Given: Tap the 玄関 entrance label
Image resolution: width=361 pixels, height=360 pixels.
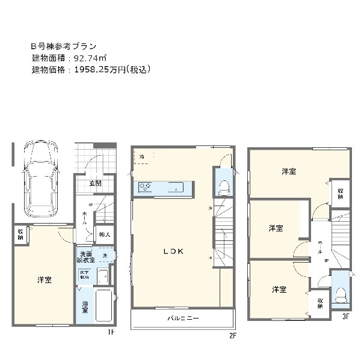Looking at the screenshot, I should [x=96, y=183].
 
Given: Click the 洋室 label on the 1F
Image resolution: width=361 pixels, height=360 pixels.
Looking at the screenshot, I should [x=44, y=280].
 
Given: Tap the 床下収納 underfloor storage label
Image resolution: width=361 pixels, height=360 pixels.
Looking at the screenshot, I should [x=85, y=276].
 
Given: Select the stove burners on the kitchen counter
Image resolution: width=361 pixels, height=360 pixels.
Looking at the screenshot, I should [x=146, y=188].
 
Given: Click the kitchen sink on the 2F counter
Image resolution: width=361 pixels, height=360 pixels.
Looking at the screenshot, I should [x=177, y=188].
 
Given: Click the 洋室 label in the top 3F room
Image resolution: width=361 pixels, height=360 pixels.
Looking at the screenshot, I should [x=289, y=172].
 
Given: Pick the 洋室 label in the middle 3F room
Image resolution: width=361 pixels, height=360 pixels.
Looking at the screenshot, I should [x=275, y=228].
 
